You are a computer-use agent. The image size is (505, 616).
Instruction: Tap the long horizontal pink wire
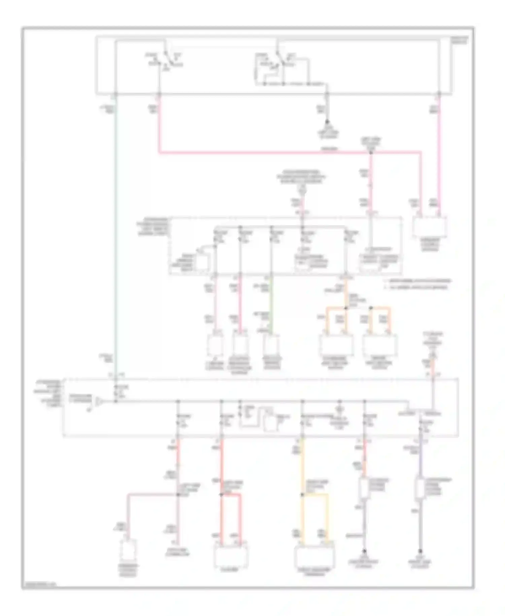click(263, 152)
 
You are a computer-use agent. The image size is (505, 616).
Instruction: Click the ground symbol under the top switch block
click(327, 123)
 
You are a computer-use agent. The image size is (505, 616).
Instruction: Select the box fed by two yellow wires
click(314, 556)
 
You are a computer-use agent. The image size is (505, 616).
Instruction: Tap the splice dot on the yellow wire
click(302, 494)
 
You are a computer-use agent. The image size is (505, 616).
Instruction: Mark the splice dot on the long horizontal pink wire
click(371, 152)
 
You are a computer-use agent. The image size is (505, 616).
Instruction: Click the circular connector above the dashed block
click(303, 191)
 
